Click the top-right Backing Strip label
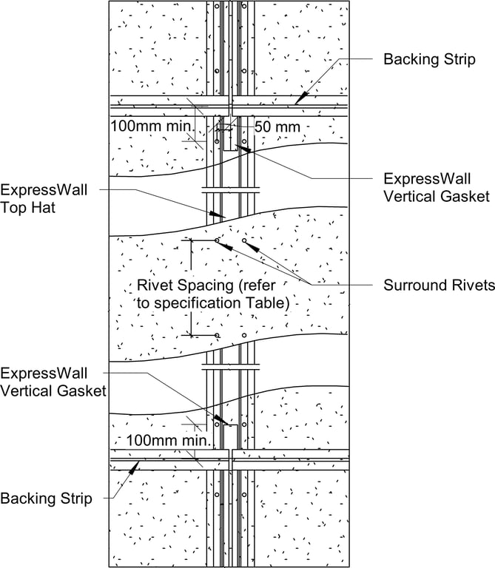(x=429, y=59)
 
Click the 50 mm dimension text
(x=277, y=126)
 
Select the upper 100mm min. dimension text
(x=151, y=126)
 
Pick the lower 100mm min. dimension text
(x=168, y=441)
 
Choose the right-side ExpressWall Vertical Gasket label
(x=436, y=188)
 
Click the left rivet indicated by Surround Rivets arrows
(x=217, y=240)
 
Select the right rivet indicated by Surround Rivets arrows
(x=244, y=240)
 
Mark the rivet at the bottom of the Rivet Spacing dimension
(x=217, y=335)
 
